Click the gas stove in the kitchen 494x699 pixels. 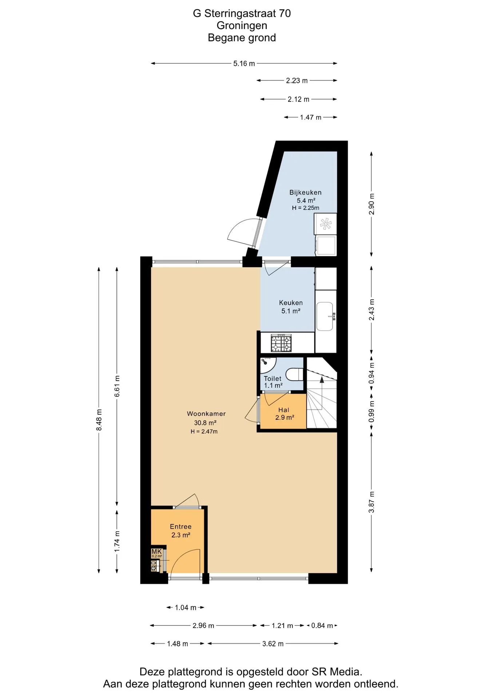click(x=281, y=343)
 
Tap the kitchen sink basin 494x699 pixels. click(x=325, y=316)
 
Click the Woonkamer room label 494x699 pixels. click(x=206, y=414)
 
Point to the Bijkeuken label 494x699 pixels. click(x=306, y=192)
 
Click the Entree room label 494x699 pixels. click(x=181, y=526)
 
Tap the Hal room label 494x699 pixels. click(x=284, y=410)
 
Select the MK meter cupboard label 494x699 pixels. click(x=156, y=552)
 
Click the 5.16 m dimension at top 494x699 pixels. click(x=244, y=63)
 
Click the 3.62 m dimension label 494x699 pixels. click(x=273, y=644)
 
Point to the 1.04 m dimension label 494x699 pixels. click(x=186, y=607)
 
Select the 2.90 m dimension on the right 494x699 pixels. click(x=371, y=204)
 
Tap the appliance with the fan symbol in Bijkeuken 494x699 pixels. click(x=325, y=224)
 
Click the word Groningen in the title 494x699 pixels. click(x=242, y=25)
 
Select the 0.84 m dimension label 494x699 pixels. click(x=322, y=625)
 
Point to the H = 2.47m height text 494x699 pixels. click(x=204, y=431)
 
